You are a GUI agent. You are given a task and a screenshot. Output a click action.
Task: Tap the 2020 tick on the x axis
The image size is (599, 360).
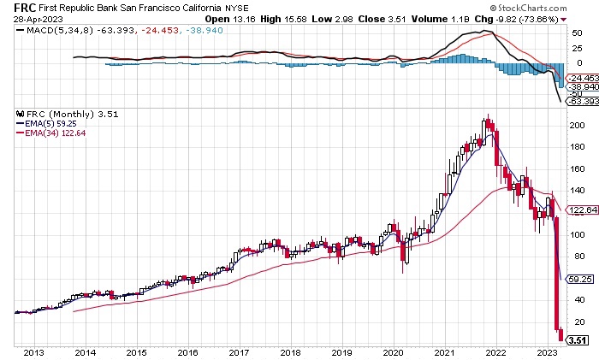point(393,352)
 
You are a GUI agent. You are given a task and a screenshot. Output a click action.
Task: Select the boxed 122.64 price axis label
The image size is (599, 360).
point(578,210)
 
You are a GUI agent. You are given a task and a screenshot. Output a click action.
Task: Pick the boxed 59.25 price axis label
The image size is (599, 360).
point(577,279)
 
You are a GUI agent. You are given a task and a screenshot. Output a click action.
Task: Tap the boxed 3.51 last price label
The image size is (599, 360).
point(578,339)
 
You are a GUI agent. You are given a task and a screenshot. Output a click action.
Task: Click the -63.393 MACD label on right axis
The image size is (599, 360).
point(580,103)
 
